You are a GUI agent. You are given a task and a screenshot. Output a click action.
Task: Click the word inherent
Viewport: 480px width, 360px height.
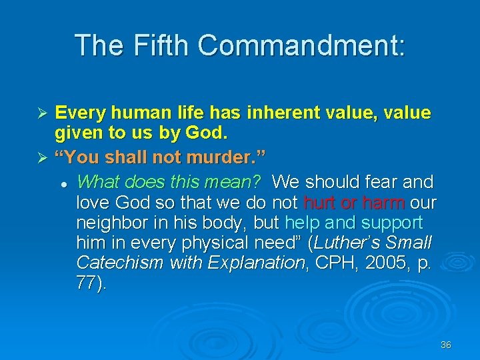286,113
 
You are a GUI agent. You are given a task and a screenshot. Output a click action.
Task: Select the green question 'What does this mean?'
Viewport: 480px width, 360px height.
168,181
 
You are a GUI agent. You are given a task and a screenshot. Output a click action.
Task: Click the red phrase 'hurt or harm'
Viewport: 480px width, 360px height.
353,201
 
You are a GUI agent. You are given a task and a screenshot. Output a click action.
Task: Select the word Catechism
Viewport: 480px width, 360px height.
120,262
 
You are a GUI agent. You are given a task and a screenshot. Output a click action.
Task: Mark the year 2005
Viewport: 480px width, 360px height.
381,262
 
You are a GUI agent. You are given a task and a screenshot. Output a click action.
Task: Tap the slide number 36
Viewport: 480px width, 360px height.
446,345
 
